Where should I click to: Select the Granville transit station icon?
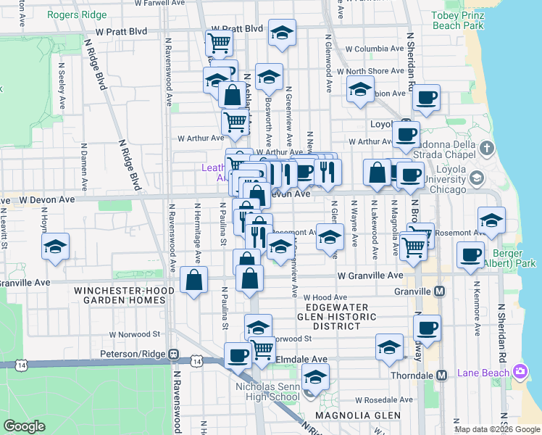tap(439, 291)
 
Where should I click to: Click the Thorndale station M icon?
tap(441, 375)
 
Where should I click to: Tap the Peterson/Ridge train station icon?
tap(174, 354)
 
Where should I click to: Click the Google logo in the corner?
tap(24, 426)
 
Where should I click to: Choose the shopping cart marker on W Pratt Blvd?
tap(219, 42)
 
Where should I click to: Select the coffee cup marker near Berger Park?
tap(471, 254)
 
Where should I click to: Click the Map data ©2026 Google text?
tap(496, 429)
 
